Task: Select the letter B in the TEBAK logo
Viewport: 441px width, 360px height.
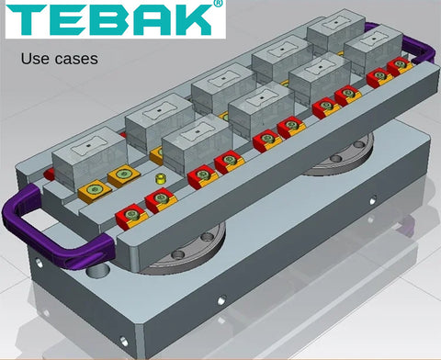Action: tap(110, 20)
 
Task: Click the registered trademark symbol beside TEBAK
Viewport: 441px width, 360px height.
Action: tap(218, 3)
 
